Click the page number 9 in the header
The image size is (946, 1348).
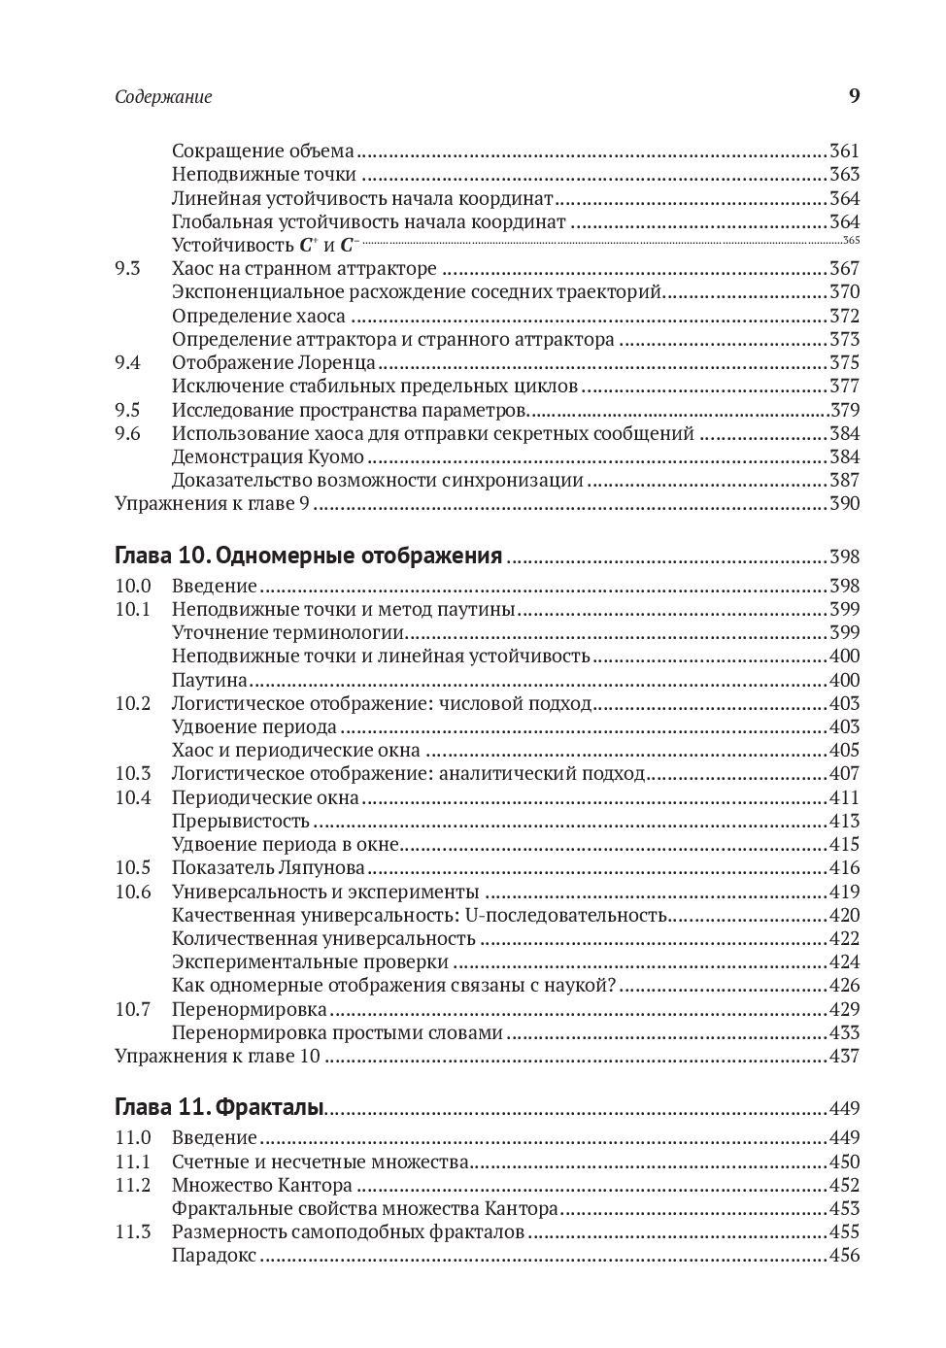[854, 95]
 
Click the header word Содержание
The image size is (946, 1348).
[163, 97]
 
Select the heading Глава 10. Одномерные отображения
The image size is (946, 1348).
[308, 556]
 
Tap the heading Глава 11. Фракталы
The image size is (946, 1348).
[220, 1108]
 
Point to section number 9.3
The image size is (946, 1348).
[127, 269]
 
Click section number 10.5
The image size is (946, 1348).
[133, 868]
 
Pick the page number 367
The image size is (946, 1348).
[844, 269]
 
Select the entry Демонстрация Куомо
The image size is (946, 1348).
[268, 457]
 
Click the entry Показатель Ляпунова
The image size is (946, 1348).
[268, 868]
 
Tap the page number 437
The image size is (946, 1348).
[844, 1057]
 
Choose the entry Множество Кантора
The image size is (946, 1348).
[261, 1185]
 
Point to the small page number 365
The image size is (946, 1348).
[852, 242]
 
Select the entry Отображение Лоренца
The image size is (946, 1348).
[274, 363]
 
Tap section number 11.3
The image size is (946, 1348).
[133, 1232]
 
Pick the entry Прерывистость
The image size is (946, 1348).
[241, 822]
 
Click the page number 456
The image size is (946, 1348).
[844, 1256]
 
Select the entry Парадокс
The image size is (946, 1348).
[214, 1256]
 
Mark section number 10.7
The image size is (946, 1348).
[133, 1009]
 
